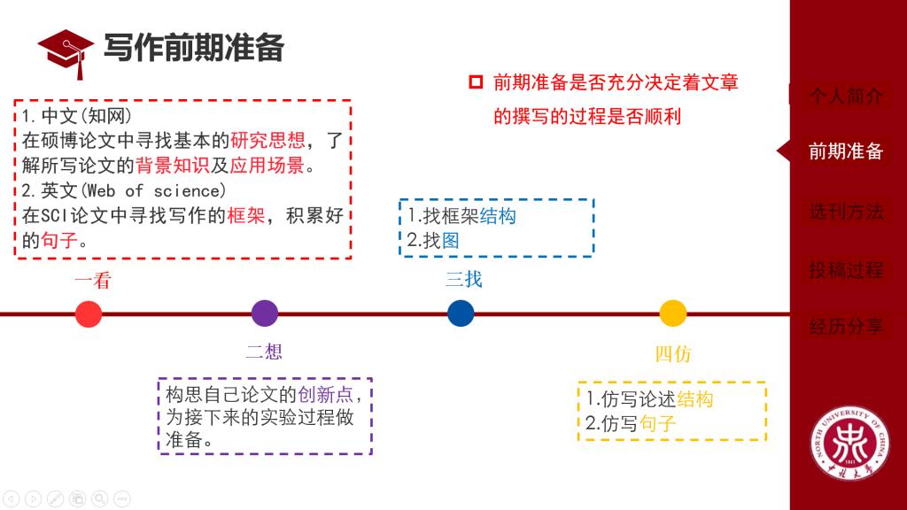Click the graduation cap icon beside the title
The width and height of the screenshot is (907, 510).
pos(67,50)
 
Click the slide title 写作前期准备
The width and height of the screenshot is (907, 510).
pos(194,48)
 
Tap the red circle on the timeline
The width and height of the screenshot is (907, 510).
pos(89,313)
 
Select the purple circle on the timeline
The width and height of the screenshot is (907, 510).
pos(264,313)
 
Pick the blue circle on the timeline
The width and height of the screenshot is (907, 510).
pos(461,313)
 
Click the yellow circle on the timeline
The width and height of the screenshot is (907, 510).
pos(673,313)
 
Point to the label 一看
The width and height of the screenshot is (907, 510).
pos(93,281)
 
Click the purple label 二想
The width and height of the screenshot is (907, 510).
pos(264,352)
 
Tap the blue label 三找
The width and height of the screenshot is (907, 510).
pos(463,280)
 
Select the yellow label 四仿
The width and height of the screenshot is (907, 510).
pos(673,354)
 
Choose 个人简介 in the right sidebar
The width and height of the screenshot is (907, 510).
pos(846,97)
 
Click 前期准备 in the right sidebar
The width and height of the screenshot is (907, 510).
pos(846,151)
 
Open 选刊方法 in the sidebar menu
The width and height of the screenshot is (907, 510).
pos(846,212)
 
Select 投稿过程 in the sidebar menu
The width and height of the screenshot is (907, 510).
pos(846,269)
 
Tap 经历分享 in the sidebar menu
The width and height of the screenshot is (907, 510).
pos(846,326)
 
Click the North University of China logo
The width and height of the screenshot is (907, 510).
pos(849,446)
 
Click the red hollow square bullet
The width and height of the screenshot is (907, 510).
pos(476,82)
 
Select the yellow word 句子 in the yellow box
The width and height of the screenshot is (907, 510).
pos(658,423)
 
